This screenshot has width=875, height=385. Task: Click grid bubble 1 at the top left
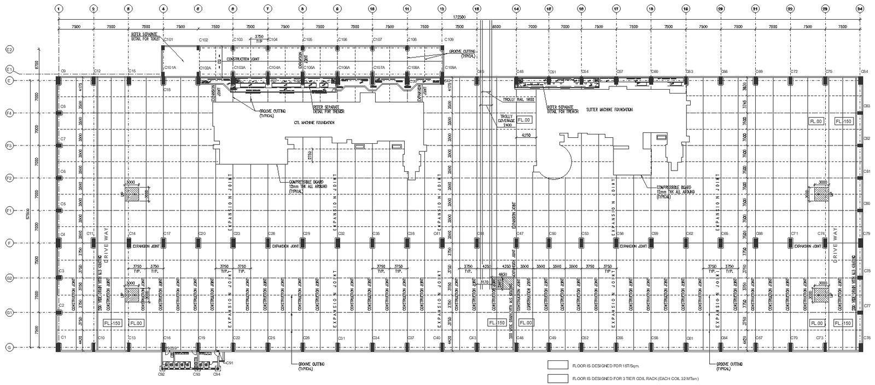pos(59,9)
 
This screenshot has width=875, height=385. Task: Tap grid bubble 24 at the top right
pos(860,9)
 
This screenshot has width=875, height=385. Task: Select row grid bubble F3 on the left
pos(9,146)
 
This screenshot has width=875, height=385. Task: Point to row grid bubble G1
pos(9,313)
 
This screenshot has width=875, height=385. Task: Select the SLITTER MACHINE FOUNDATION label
pos(609,109)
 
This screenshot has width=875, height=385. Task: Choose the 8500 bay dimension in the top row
pos(497,27)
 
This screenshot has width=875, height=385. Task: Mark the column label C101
pos(168,40)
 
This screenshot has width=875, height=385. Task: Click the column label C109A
pos(451,67)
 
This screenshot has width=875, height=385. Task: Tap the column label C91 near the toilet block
pos(230,363)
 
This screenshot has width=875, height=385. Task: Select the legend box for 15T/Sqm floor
pos(558,365)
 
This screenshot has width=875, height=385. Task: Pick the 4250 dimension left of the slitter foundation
pos(526,135)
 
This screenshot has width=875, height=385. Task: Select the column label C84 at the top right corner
pos(865,71)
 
